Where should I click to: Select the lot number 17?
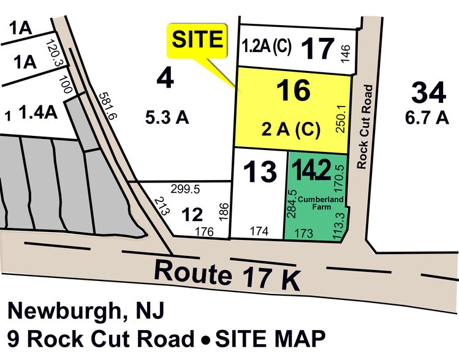pyautogui.click(x=319, y=49)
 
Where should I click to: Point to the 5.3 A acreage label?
pyautogui.click(x=167, y=118)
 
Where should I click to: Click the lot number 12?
pyautogui.click(x=192, y=214)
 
